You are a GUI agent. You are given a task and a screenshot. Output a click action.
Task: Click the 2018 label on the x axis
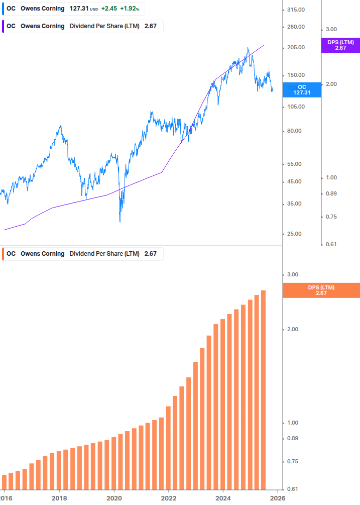coord(59,498)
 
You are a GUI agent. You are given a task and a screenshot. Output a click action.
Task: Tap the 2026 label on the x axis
coord(278,498)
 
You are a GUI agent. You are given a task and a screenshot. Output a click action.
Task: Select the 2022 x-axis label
coord(169,498)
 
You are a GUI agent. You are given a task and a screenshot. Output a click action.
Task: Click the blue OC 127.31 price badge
coord(302,90)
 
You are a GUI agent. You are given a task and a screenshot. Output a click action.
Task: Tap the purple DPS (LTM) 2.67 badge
coord(340,45)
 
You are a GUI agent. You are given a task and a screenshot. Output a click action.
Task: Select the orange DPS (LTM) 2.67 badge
coord(321,290)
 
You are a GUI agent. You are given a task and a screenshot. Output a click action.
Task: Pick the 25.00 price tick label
coord(295,234)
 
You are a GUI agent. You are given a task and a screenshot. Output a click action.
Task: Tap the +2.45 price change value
coord(109,9)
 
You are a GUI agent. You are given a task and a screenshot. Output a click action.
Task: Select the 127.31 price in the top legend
coord(79,9)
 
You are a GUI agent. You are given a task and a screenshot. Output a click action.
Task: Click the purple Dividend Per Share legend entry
coord(83,26)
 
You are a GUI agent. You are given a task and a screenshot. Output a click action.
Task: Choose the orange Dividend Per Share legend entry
coord(83,254)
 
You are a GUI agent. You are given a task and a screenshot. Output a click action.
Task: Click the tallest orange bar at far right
coord(263,389)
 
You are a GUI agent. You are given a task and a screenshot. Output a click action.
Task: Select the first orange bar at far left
coord(5,481)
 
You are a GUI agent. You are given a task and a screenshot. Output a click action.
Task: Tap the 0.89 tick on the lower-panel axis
coord(293,439)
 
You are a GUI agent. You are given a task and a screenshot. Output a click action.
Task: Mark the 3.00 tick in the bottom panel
coord(293,275)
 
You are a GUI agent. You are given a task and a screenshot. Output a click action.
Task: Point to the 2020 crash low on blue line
coord(119,221)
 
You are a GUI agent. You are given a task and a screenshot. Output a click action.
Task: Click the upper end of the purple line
coord(264,46)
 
